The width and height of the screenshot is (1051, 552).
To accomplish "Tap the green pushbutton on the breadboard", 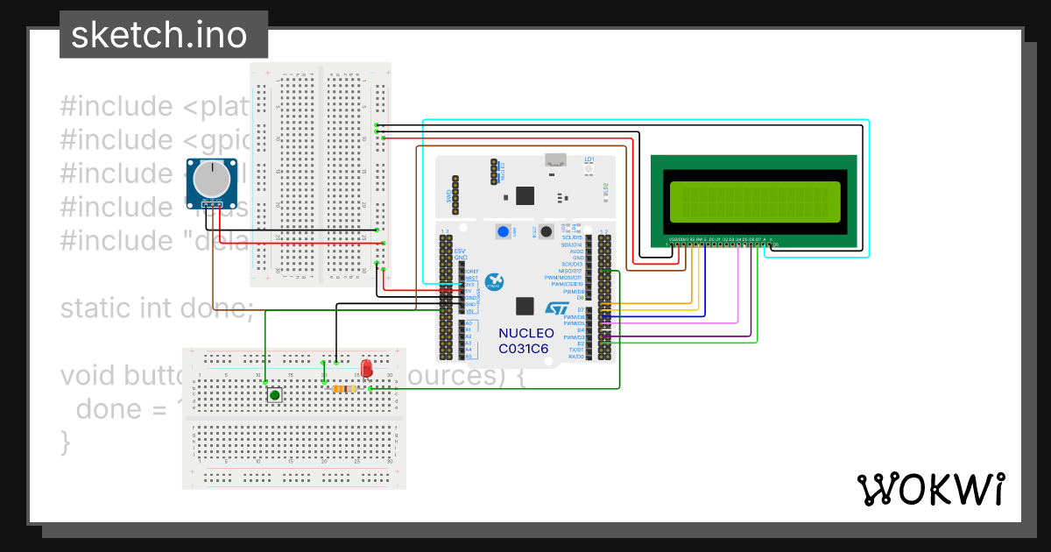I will click(x=275, y=396).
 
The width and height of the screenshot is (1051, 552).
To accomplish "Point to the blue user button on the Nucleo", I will click(x=504, y=232).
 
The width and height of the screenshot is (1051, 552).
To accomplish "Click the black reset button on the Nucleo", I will click(x=545, y=232).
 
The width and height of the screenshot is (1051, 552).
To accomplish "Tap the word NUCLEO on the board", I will click(x=525, y=334).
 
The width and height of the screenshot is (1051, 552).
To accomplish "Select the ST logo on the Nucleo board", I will click(x=558, y=308).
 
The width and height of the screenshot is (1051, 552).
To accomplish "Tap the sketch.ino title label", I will click(x=158, y=35).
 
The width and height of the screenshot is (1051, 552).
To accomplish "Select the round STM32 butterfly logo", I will click(x=496, y=280).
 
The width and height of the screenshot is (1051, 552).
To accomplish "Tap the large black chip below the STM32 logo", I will click(x=525, y=307).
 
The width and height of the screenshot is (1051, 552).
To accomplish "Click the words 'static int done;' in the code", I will click(x=158, y=308).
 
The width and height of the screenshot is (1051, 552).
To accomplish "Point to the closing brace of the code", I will click(x=65, y=442).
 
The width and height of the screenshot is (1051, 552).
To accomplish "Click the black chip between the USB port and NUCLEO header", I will click(x=525, y=195).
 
